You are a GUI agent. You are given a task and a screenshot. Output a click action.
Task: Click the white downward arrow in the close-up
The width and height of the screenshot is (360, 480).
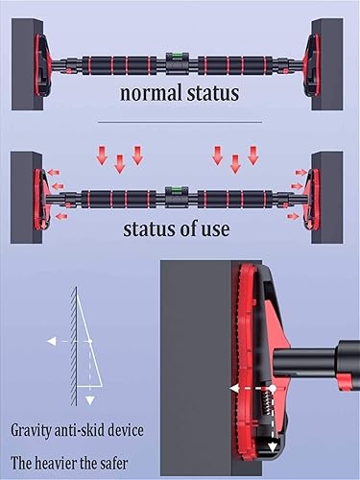(x=272, y=442)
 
